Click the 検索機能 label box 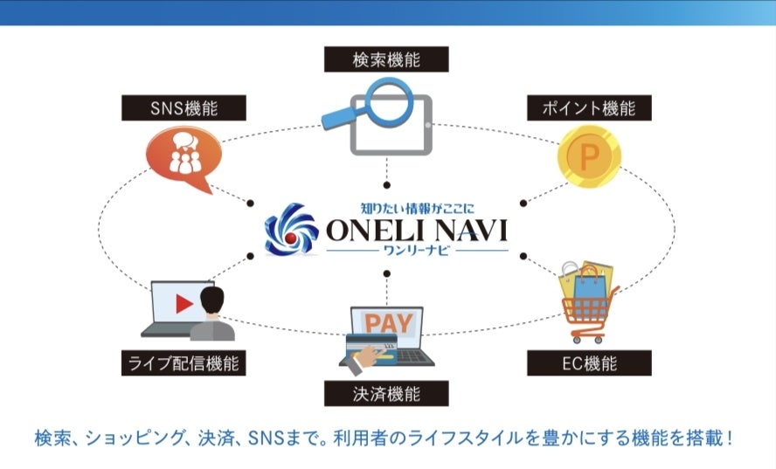click(386, 59)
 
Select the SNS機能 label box click(184, 108)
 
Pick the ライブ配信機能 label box click(184, 362)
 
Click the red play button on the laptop click(183, 304)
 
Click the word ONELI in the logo click(373, 231)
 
